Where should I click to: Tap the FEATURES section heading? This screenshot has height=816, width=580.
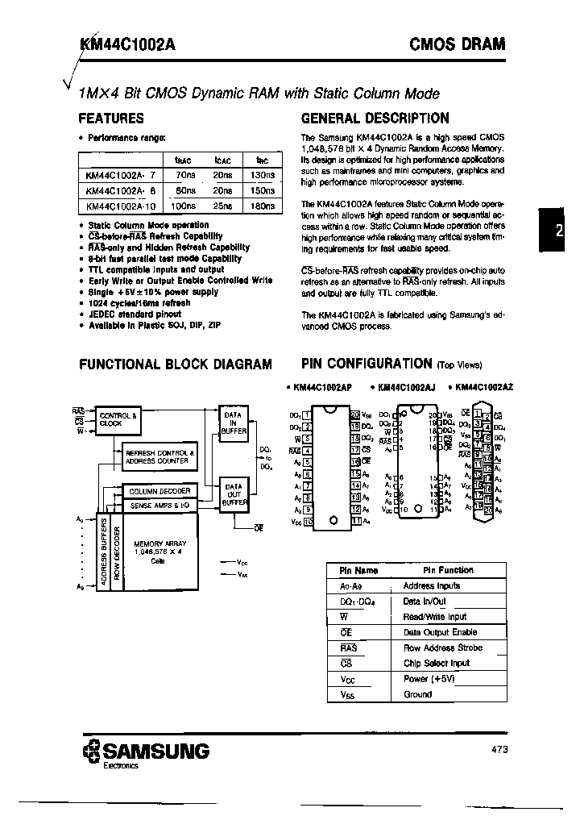click(x=111, y=118)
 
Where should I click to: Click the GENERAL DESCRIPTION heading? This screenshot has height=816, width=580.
click(x=375, y=118)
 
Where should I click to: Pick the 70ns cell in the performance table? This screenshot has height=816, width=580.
click(x=184, y=174)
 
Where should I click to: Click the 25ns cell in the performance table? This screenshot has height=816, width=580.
click(x=223, y=206)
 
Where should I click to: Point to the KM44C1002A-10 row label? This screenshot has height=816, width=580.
click(x=118, y=206)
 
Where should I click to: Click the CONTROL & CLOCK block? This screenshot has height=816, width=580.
click(x=118, y=420)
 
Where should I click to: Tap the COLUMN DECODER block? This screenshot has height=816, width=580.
click(x=159, y=490)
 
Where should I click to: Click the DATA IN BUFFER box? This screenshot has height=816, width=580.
click(x=234, y=422)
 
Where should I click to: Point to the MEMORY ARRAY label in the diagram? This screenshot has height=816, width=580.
click(x=159, y=543)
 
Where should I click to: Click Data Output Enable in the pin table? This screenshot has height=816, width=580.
click(x=440, y=632)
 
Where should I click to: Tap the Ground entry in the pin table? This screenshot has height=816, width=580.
click(x=417, y=694)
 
